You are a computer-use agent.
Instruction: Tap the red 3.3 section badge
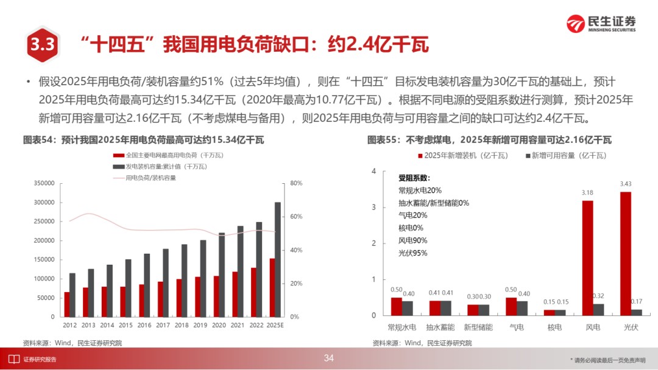(x=42, y=44)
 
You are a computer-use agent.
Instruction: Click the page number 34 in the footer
(x=329, y=358)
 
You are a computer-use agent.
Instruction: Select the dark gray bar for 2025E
(x=278, y=259)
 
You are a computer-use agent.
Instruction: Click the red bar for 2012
(x=66, y=304)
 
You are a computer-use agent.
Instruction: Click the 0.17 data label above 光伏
(x=637, y=301)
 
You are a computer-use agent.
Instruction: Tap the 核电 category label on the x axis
(x=554, y=327)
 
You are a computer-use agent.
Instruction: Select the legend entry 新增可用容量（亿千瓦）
(x=566, y=156)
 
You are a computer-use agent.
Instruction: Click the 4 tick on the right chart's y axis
(x=373, y=171)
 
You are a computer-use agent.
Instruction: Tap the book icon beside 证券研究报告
(x=12, y=358)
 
